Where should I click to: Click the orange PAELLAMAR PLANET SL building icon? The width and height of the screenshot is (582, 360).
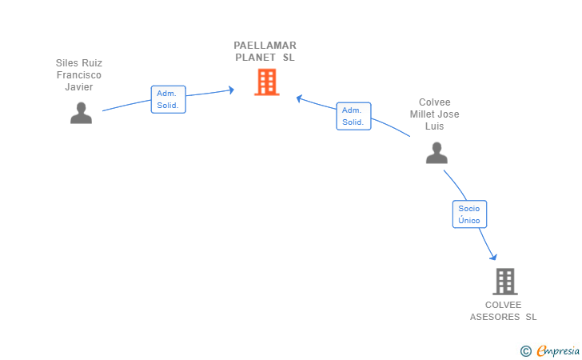click(266, 82)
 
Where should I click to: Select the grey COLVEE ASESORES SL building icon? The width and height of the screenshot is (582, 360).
click(504, 282)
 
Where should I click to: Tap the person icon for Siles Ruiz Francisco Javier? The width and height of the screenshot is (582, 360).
click(81, 114)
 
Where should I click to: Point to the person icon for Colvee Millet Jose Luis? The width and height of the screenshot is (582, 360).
click(436, 153)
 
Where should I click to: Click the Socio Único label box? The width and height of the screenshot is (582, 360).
click(469, 214)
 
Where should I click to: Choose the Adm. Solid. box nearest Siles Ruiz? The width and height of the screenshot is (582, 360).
click(168, 99)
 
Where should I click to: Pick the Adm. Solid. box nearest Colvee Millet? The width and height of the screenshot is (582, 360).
click(353, 116)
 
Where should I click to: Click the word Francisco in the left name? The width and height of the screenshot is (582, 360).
click(79, 75)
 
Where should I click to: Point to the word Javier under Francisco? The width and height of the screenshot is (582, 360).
click(79, 87)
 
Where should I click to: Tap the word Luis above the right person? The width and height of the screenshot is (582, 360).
click(435, 126)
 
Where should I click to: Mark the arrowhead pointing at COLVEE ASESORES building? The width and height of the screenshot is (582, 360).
click(493, 257)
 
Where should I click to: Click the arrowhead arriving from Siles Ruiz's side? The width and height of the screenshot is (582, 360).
click(231, 90)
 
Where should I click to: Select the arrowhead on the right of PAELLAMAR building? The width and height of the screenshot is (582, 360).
click(299, 98)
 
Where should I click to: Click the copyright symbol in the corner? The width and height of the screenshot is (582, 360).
click(525, 350)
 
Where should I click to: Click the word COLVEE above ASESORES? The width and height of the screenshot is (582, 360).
click(503, 305)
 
